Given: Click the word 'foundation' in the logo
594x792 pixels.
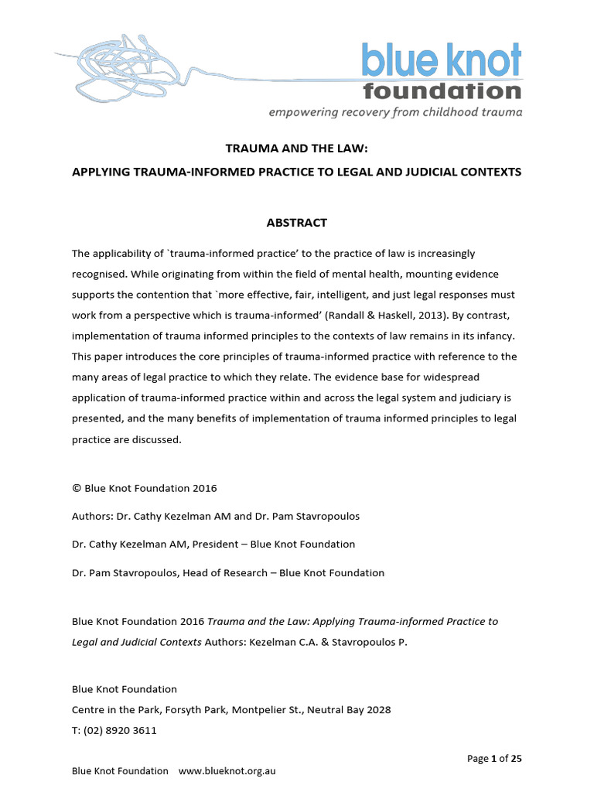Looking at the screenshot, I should pyautogui.click(x=442, y=91).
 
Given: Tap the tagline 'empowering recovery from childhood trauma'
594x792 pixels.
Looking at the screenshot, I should pyautogui.click(x=395, y=112).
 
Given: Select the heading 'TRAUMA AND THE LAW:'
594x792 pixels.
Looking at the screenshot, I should pyautogui.click(x=296, y=147).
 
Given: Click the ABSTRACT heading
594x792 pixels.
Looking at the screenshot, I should pyautogui.click(x=296, y=223).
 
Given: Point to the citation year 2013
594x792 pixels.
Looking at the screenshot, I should pyautogui.click(x=402, y=316).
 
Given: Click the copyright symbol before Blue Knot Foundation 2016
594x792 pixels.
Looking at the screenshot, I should pyautogui.click(x=76, y=488).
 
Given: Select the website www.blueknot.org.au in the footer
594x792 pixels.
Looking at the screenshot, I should pyautogui.click(x=227, y=770).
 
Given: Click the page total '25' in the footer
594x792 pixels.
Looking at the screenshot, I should pyautogui.click(x=516, y=758).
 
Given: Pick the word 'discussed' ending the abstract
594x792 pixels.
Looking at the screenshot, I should pyautogui.click(x=155, y=439).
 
